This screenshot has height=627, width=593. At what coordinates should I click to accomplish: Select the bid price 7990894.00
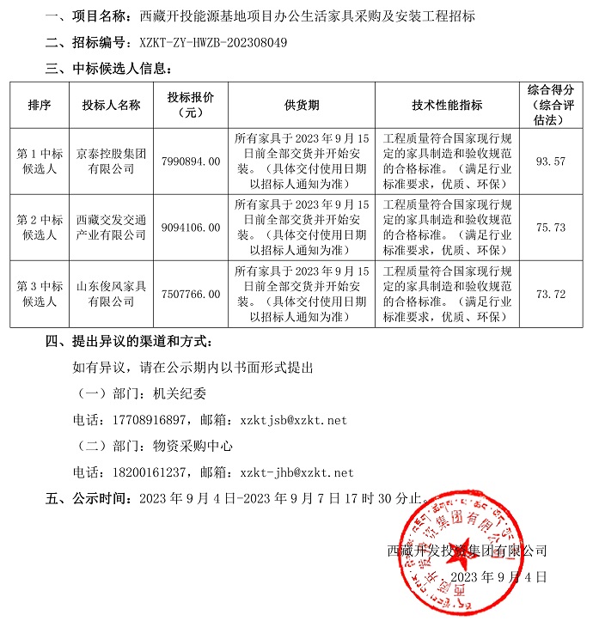pyautogui.click(x=191, y=161)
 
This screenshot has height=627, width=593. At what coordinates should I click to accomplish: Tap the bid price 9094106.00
pyautogui.click(x=191, y=228)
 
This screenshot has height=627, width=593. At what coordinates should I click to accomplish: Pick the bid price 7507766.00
pyautogui.click(x=191, y=294)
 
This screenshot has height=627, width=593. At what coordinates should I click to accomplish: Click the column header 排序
pyautogui.click(x=40, y=105)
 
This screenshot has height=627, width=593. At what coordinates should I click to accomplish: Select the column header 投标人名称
pyautogui.click(x=111, y=105)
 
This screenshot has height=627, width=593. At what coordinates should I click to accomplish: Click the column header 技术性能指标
pyautogui.click(x=447, y=105)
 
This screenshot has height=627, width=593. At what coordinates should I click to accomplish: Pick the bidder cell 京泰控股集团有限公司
pyautogui.click(x=111, y=161)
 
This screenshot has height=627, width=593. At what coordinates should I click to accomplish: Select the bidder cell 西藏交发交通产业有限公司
pyautogui.click(x=111, y=228)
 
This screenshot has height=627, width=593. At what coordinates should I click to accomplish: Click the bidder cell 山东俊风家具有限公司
pyautogui.click(x=111, y=294)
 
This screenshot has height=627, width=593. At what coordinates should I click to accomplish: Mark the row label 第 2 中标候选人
pyautogui.click(x=40, y=228)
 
